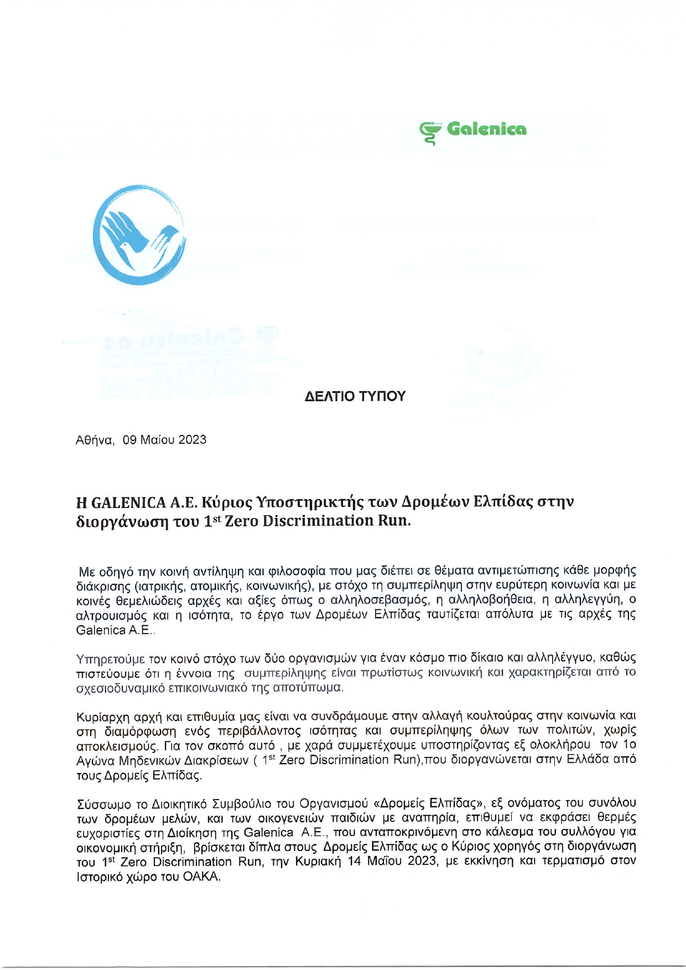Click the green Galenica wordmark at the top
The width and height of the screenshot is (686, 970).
click(486, 129)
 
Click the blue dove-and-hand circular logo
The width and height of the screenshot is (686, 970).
click(139, 235)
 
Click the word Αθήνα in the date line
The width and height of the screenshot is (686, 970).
click(95, 440)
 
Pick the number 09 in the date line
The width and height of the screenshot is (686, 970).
click(130, 440)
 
